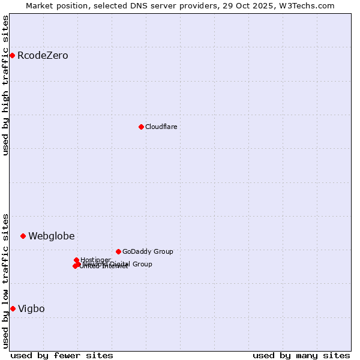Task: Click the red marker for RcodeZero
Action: (12, 56)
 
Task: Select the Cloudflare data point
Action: (141, 127)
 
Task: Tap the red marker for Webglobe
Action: (23, 236)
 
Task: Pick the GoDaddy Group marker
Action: (118, 251)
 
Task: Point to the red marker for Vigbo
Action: (13, 308)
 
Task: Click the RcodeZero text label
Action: (43, 56)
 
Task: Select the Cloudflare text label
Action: (161, 127)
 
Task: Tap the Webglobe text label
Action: (52, 236)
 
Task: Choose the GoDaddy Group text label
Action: (148, 251)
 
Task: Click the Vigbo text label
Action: (31, 309)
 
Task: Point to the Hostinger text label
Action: (95, 260)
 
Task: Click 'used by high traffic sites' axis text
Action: (6, 85)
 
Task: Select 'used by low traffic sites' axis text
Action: (6, 280)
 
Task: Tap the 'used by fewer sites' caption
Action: (62, 355)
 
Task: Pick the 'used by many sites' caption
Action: (301, 355)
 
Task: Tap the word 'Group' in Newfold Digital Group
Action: (142, 264)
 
